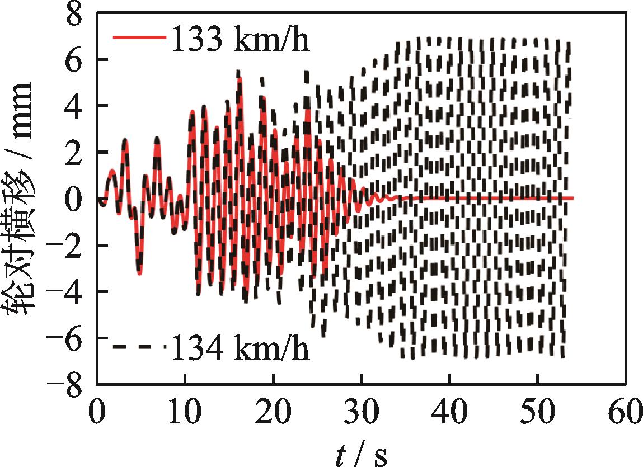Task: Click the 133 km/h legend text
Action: click(x=240, y=40)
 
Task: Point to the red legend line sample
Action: click(x=139, y=37)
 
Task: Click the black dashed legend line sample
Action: click(x=139, y=347)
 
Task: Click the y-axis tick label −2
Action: click(x=67, y=246)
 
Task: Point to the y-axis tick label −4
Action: click(x=67, y=292)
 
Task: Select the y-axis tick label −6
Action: click(x=67, y=338)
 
